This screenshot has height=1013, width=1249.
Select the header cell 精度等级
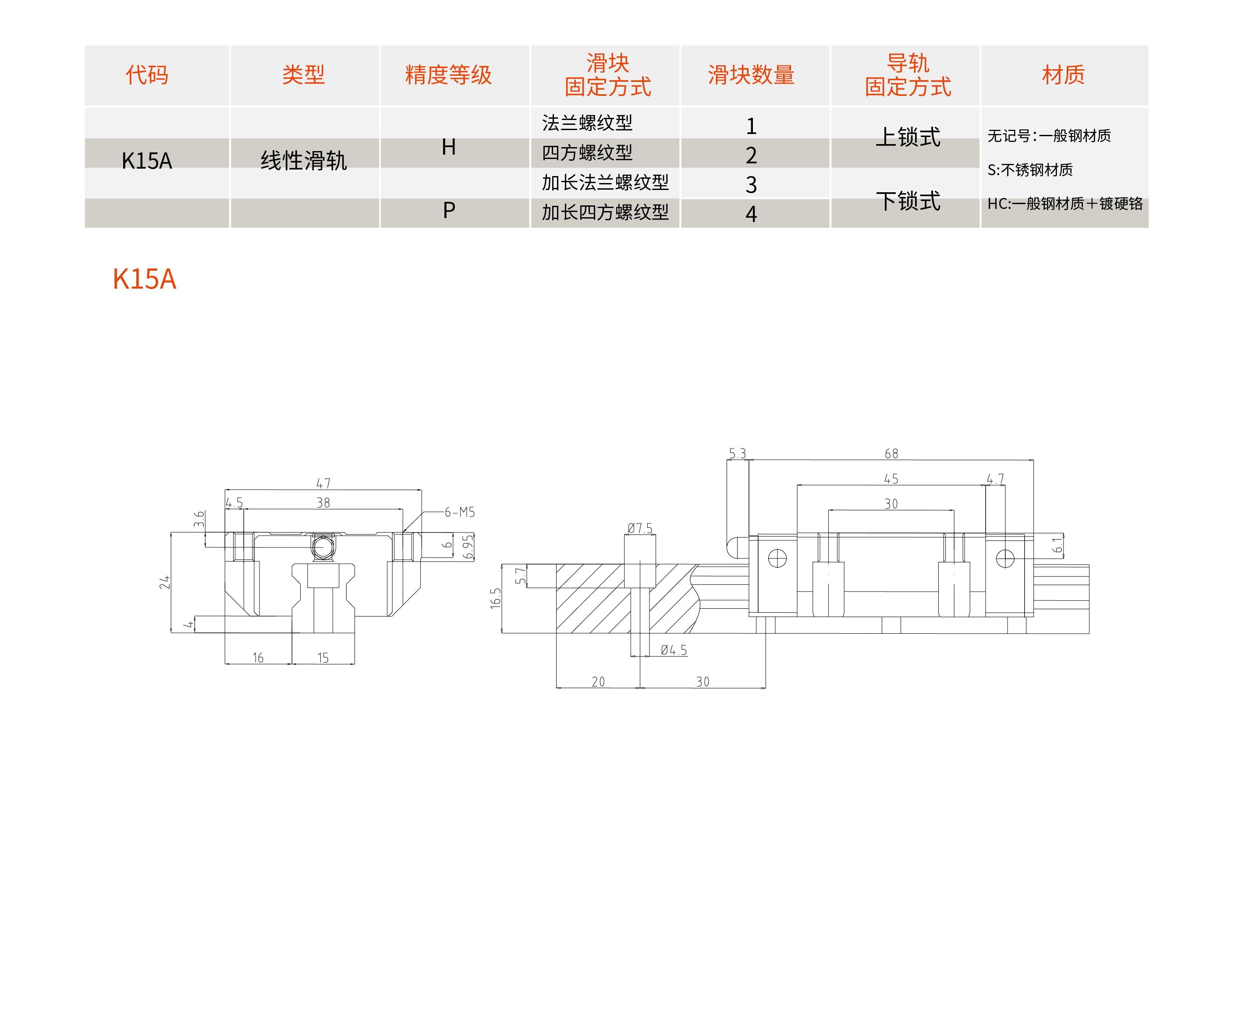(x=448, y=75)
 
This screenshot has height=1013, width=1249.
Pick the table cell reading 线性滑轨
(x=303, y=160)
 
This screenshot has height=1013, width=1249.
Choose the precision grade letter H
(x=448, y=147)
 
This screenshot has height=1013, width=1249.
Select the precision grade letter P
(x=448, y=211)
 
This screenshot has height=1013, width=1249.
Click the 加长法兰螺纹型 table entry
(x=605, y=183)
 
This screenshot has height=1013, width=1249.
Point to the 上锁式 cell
(x=908, y=137)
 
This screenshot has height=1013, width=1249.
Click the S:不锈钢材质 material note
(x=1029, y=170)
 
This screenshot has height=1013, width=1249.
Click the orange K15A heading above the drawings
(x=144, y=279)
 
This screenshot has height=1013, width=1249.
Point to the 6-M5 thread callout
(x=460, y=512)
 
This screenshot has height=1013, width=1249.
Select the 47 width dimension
(x=323, y=483)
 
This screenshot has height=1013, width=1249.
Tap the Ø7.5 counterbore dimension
(x=639, y=528)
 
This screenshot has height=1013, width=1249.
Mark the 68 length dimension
(x=891, y=453)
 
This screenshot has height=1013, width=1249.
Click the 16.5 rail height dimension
(x=495, y=598)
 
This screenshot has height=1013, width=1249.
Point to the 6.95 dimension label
(x=468, y=547)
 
